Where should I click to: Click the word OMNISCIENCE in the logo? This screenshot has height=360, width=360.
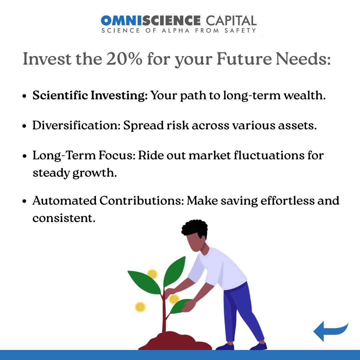click(x=151, y=20)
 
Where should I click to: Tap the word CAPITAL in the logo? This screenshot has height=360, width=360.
click(x=231, y=20)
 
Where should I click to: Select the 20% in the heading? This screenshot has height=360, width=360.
click(x=124, y=59)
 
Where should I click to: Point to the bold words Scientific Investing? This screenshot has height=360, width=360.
click(x=90, y=95)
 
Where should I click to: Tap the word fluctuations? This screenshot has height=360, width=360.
click(x=269, y=155)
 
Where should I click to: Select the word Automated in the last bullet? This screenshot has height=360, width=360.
click(x=65, y=200)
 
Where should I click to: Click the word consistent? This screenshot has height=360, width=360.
click(x=64, y=218)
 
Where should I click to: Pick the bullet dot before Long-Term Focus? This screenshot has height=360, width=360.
click(x=25, y=156)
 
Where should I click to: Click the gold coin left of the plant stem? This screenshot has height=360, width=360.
click(x=140, y=307)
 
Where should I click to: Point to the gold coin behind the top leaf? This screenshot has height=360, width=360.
click(x=152, y=274)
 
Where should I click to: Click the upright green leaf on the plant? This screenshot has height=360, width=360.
click(x=174, y=272)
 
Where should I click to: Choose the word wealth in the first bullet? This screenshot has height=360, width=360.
click(x=305, y=95)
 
